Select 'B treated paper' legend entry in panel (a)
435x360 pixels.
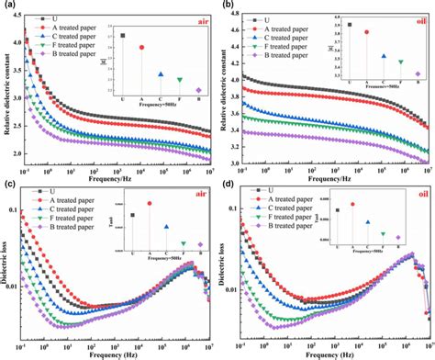[x=70, y=55]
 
